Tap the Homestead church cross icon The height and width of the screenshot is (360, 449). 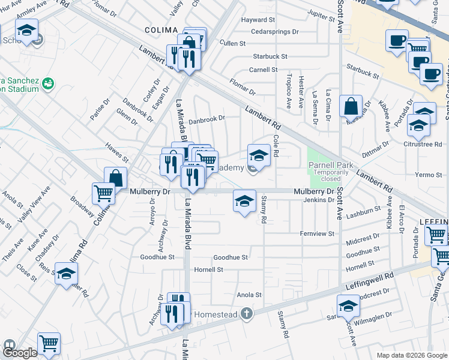(246, 313)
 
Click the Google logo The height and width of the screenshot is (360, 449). (20, 353)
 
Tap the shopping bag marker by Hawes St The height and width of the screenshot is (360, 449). (115, 178)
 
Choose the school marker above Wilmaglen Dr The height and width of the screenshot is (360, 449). (348, 306)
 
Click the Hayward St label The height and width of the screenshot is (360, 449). (258, 20)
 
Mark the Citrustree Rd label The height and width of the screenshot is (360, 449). (424, 145)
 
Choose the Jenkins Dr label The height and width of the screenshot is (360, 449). (318, 200)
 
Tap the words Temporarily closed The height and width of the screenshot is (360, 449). (329, 176)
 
